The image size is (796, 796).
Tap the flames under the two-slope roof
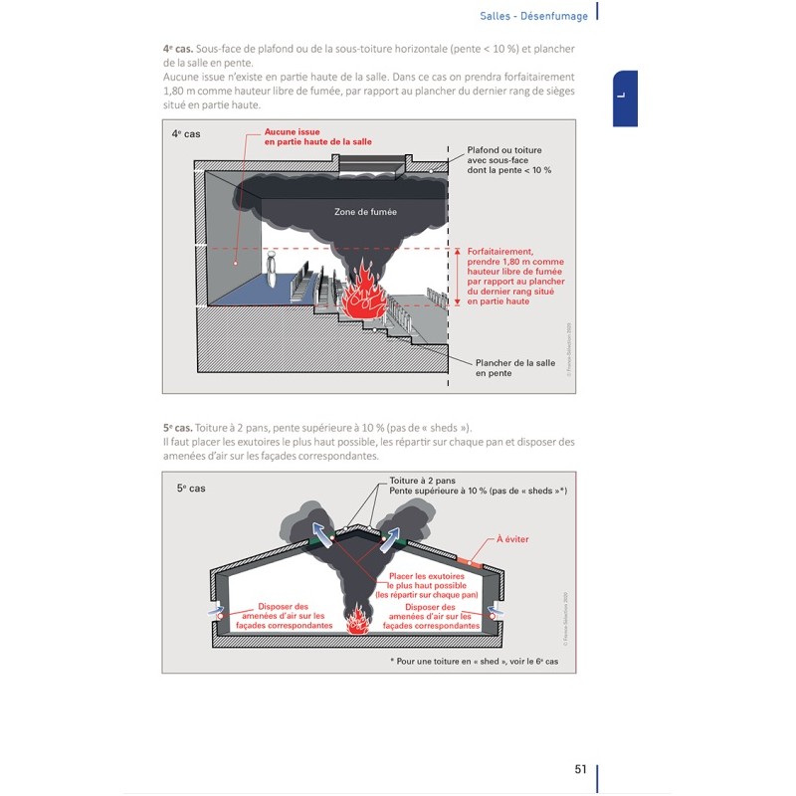[358, 621]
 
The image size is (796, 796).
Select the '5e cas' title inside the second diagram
[192, 488]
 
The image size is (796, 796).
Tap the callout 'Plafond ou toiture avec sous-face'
[508, 160]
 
